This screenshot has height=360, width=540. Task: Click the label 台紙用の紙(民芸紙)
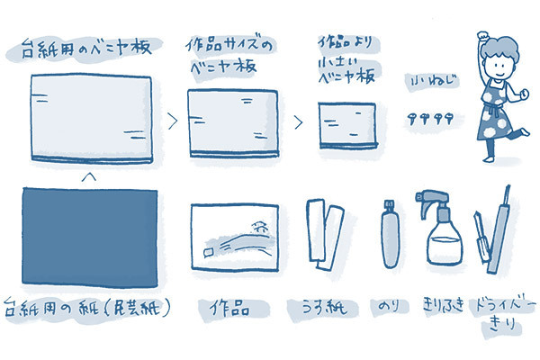[89, 307]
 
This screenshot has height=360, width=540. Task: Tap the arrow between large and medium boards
[172, 116]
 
